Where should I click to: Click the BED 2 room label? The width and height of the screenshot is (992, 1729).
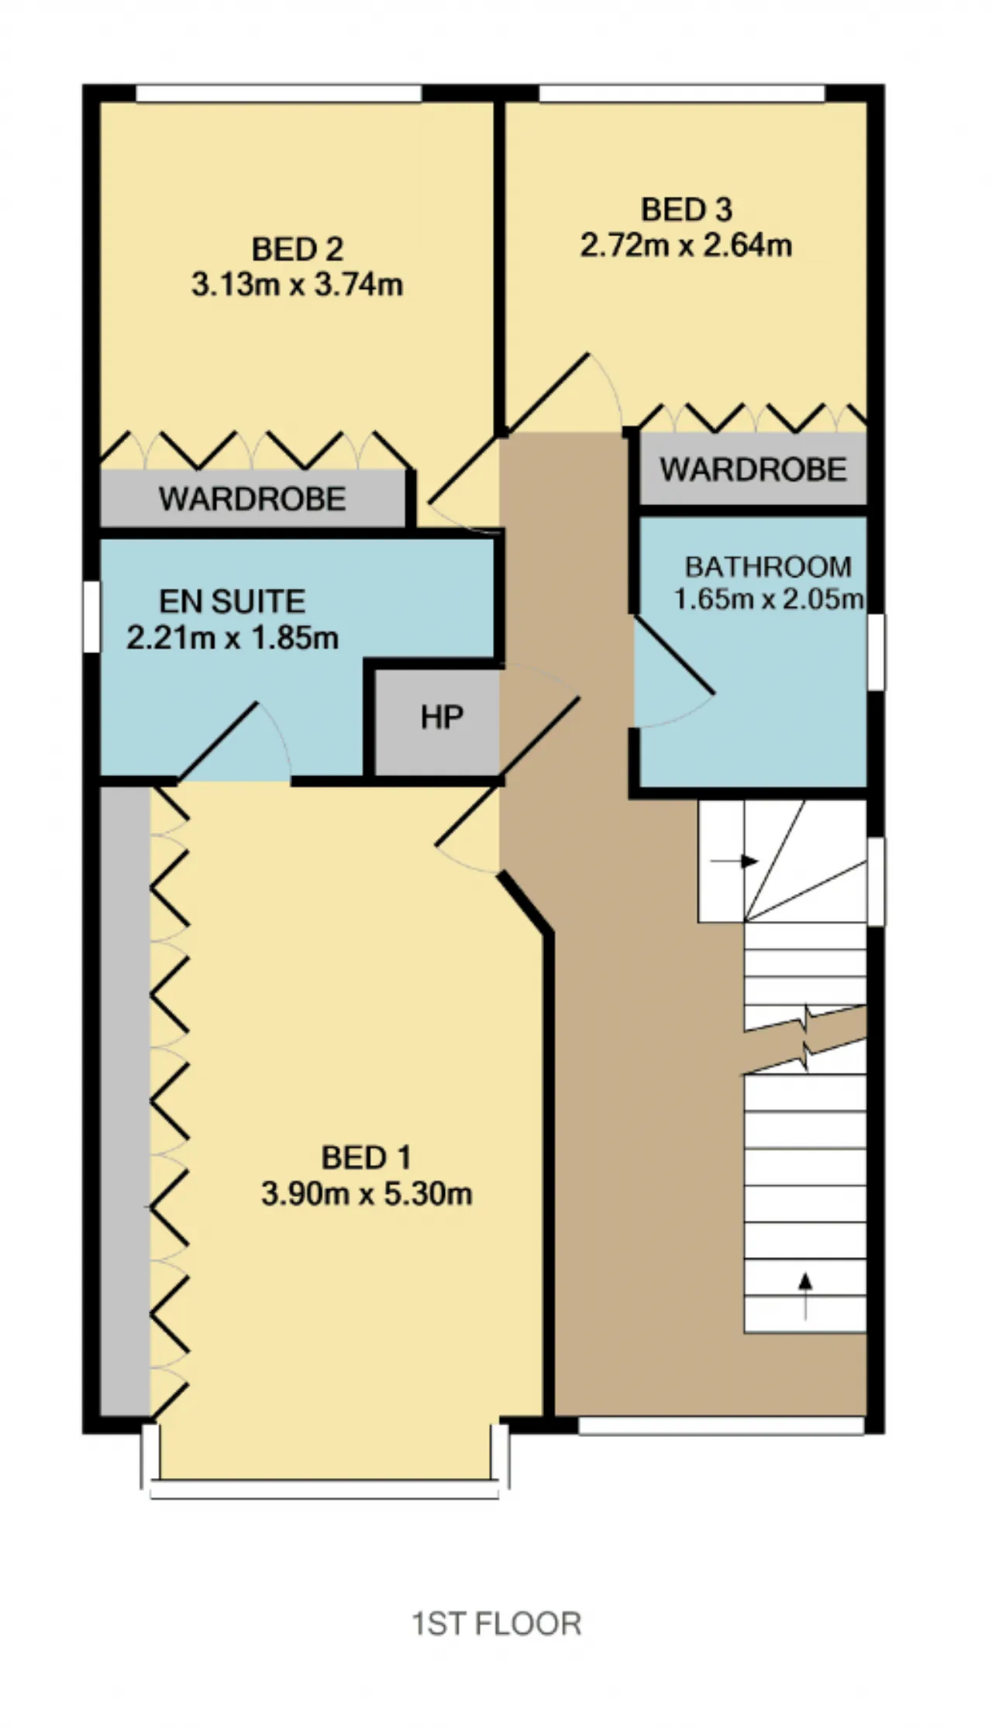coord(298,249)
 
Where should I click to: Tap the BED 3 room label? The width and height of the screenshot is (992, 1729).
coord(687,209)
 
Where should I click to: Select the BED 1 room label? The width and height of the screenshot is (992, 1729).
coord(367,1157)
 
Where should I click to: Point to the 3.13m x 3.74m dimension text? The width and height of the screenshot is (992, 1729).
coord(298,285)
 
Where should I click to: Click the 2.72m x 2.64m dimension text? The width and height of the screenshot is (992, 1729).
coord(687,246)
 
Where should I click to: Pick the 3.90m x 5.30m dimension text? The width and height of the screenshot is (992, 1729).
coord(367,1194)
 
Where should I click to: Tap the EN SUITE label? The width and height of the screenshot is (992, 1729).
coord(232,602)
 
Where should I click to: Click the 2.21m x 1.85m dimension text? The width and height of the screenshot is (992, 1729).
coord(232,638)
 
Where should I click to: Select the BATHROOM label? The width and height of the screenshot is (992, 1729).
coord(768,567)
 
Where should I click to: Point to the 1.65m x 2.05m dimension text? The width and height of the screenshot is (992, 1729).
coord(768,599)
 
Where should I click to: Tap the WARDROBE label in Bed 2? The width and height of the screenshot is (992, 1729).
coord(253,499)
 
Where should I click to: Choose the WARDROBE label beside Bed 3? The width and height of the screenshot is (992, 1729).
coord(753,469)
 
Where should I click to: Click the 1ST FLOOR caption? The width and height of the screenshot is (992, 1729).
coord(496,1624)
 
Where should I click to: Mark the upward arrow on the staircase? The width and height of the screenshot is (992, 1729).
coord(805,1296)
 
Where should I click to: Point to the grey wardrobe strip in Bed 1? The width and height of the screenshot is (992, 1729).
coord(125,1101)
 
